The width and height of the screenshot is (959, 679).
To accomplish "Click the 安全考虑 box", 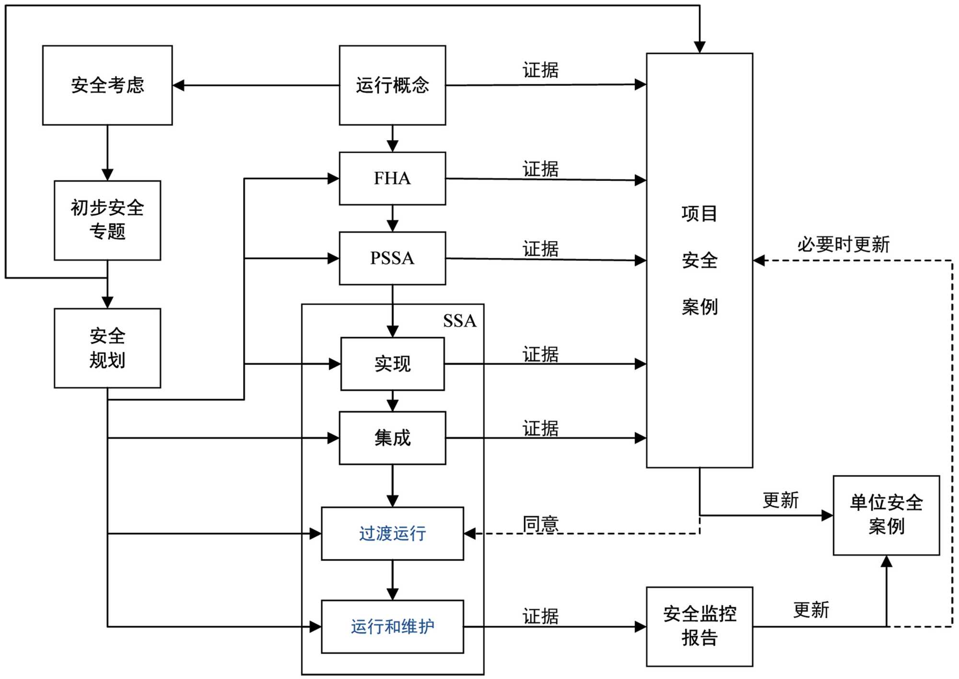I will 107,85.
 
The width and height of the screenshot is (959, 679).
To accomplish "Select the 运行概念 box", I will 392,85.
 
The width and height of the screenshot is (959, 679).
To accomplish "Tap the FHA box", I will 392,179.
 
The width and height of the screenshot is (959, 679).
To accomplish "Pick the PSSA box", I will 392,258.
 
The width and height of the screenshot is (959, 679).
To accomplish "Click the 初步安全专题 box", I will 107,220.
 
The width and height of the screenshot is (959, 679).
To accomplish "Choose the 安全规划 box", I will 107,348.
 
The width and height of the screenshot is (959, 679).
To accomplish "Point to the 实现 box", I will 392,364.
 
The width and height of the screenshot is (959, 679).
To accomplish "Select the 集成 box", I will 392,438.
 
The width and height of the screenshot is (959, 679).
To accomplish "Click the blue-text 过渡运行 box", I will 392,533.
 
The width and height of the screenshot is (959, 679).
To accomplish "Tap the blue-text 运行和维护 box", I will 392,626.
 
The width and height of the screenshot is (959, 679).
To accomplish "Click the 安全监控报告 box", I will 699,626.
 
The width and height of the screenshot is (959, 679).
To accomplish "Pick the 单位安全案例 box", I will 886,515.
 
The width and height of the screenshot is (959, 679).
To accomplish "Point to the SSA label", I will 459,321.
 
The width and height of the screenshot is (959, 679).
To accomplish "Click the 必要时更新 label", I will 843,245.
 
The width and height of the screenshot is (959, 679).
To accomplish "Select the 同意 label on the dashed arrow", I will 540,524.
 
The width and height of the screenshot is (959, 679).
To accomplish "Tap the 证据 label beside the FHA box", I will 540,169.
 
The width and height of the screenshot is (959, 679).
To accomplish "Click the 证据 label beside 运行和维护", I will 540,617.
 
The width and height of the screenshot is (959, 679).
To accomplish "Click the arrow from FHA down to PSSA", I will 392,218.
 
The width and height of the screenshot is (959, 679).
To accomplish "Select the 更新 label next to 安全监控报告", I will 811,610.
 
